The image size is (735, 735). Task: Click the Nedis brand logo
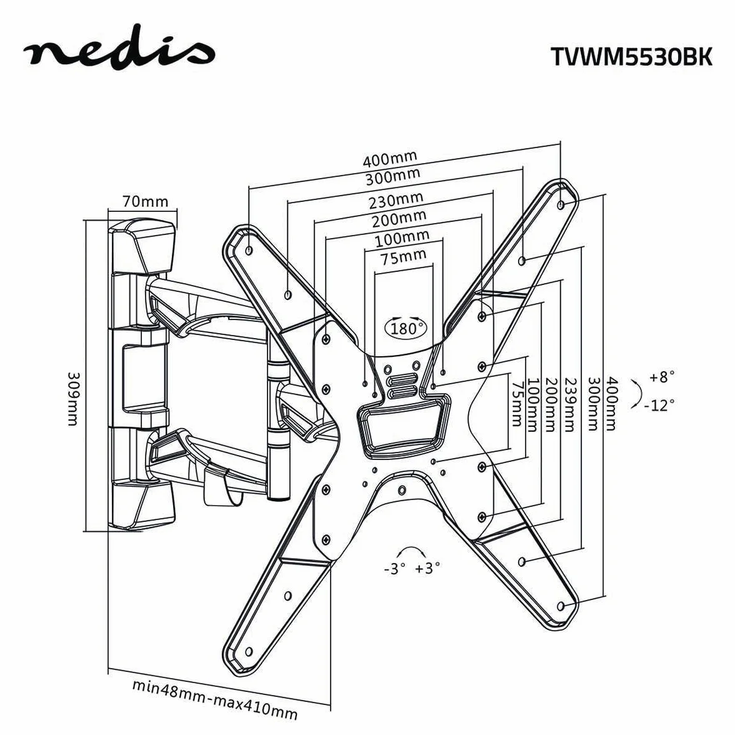click(119, 51)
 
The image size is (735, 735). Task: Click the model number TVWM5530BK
click(632, 56)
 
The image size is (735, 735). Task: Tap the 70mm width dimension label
click(145, 202)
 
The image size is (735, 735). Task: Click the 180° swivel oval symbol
click(406, 327)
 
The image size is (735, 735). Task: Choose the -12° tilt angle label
click(659, 404)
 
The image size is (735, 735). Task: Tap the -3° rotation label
click(395, 569)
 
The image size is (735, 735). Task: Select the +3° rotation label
click(427, 568)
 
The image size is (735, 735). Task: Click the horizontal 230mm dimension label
click(396, 200)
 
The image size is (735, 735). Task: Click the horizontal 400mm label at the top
click(390, 159)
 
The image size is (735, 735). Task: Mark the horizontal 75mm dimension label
click(404, 257)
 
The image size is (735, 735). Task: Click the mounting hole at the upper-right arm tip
click(561, 205)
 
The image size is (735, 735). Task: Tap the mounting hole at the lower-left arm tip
click(249, 651)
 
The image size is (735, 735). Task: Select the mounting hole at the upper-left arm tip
click(249, 250)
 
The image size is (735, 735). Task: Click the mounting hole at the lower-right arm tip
click(561, 606)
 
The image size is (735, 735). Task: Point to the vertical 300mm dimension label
click(594, 404)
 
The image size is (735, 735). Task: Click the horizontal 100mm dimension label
click(402, 238)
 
